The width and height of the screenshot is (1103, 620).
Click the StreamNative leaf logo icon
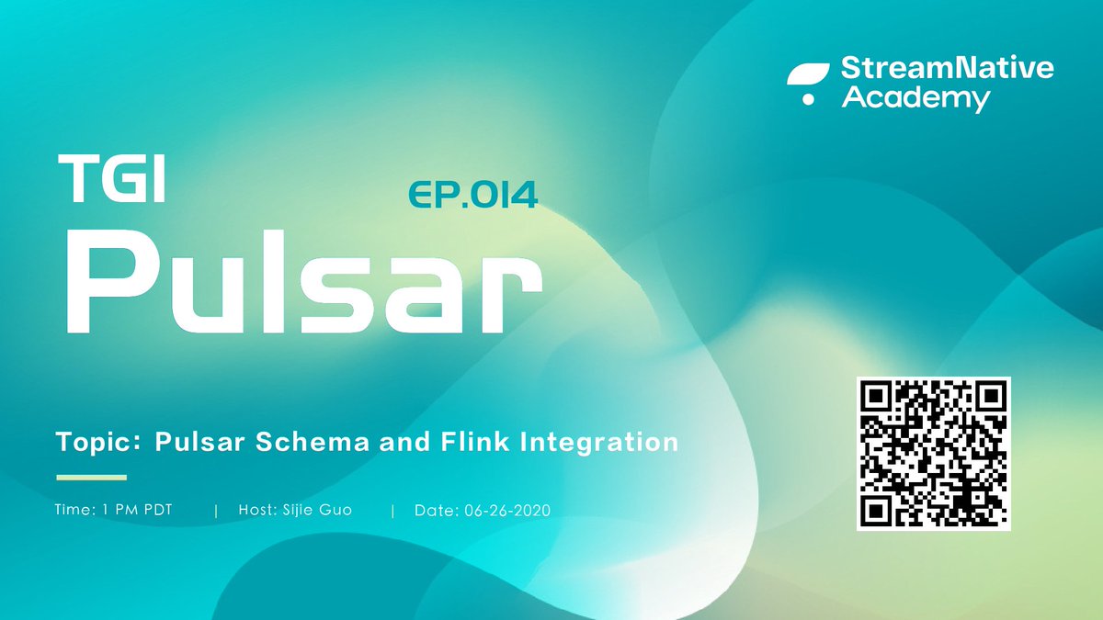808,83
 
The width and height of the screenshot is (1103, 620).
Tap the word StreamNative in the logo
948,69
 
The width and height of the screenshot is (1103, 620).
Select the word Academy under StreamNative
915,98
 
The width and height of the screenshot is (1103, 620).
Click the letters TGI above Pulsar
110,178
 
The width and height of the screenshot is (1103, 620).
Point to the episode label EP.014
472,194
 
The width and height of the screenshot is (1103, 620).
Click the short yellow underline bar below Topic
91,477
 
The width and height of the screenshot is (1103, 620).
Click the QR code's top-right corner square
989,397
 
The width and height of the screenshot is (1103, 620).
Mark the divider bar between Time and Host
216,510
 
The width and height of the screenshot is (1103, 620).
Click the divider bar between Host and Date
392,510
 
